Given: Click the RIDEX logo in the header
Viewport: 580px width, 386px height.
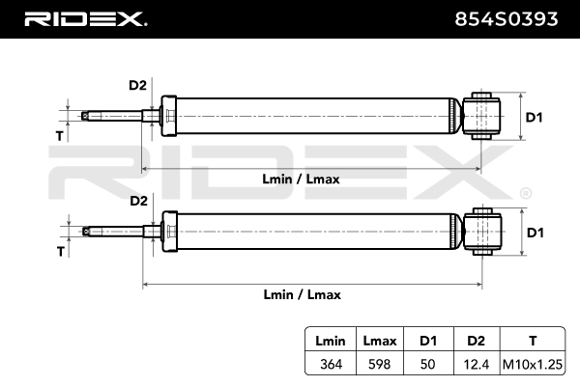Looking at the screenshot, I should (x=84, y=18).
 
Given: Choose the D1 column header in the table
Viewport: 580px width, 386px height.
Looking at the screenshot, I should (x=426, y=341).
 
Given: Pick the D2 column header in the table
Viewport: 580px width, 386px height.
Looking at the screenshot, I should (x=475, y=341).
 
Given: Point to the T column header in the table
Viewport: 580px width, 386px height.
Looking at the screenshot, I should (x=532, y=341).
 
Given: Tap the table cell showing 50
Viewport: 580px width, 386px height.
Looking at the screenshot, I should (x=426, y=364).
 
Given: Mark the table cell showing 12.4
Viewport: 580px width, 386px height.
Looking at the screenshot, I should (x=475, y=364).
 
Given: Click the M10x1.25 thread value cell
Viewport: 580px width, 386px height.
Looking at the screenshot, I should (x=532, y=364).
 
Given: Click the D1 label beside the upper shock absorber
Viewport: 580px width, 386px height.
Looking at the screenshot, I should (x=535, y=118).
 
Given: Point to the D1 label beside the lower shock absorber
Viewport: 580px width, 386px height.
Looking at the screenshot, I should (x=535, y=233).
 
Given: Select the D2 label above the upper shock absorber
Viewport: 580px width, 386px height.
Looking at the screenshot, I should (x=137, y=85).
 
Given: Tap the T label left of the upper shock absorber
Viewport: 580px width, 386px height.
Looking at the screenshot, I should (x=60, y=136).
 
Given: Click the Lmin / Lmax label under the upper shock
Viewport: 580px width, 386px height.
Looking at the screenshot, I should (x=301, y=179).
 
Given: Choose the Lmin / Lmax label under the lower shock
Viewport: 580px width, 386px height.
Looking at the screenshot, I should (x=301, y=294).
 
